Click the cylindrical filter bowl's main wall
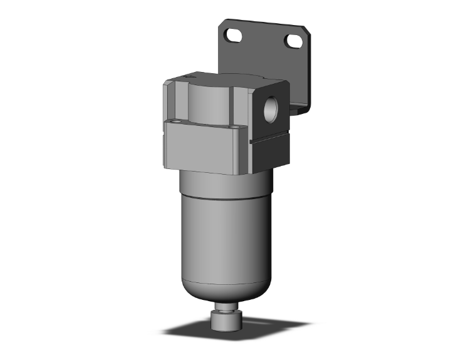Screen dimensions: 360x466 coord(225,238)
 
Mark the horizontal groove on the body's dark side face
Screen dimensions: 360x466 coord(269,141)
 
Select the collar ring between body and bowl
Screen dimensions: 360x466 coord(225,185)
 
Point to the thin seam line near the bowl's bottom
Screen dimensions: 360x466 coord(225,284)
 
